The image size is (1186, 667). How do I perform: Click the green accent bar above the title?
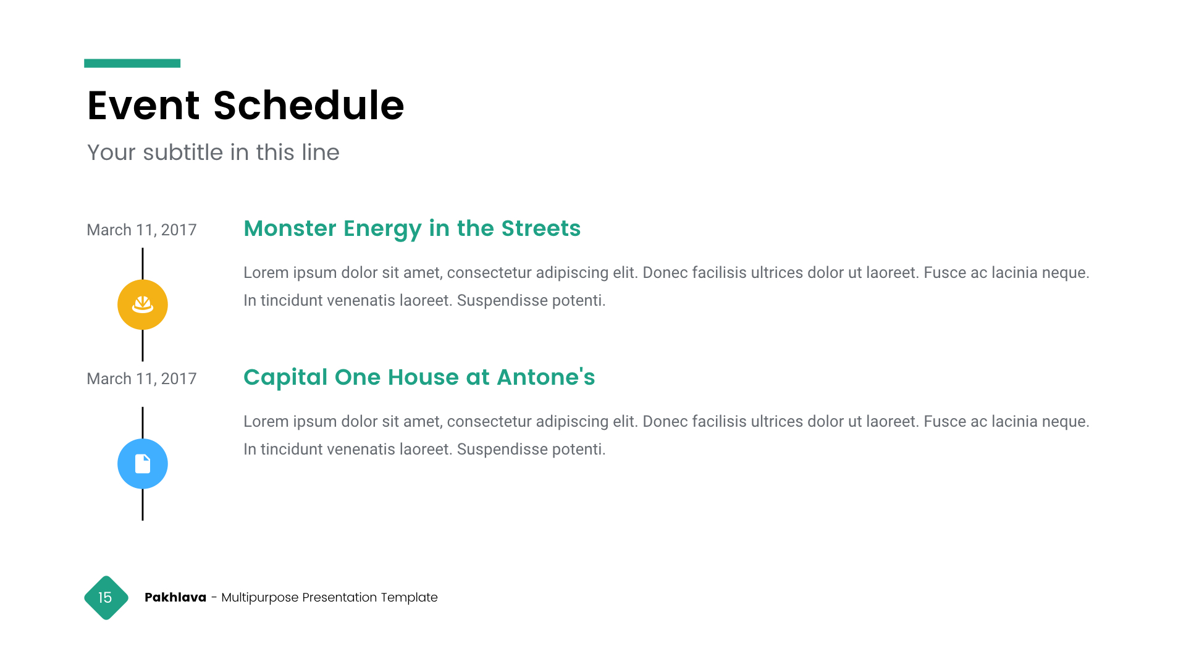pyautogui.click(x=132, y=63)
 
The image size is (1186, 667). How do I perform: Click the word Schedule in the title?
pyautogui.click(x=308, y=105)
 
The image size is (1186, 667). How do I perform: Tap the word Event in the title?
pyautogui.click(x=143, y=105)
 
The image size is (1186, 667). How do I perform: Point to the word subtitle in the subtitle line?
pyautogui.click(x=183, y=152)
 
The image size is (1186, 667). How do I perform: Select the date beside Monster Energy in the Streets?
pyautogui.click(x=141, y=230)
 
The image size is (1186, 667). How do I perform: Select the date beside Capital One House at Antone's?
pyautogui.click(x=141, y=379)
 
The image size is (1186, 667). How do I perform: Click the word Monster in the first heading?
pyautogui.click(x=290, y=228)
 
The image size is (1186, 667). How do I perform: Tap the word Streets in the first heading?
pyautogui.click(x=541, y=228)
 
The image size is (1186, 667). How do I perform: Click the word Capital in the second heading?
pyautogui.click(x=285, y=377)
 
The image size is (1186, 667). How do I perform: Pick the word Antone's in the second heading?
pyautogui.click(x=546, y=377)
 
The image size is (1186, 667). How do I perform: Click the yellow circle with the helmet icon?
pyautogui.click(x=143, y=304)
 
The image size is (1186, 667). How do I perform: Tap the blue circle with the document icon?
pyautogui.click(x=143, y=464)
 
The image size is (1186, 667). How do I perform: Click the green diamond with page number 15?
pyautogui.click(x=106, y=598)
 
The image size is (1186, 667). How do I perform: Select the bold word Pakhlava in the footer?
pyautogui.click(x=175, y=597)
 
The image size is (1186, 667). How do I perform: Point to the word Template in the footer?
pyautogui.click(x=409, y=597)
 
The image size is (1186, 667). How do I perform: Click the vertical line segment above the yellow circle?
pyautogui.click(x=143, y=264)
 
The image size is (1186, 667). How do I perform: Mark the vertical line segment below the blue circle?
pyautogui.click(x=143, y=505)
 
